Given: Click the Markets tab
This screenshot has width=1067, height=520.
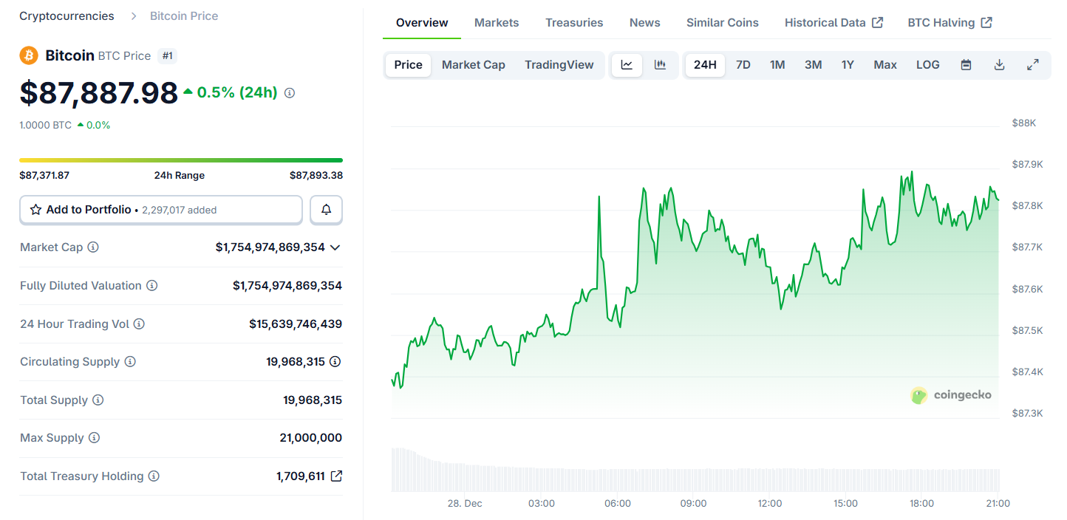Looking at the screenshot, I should (497, 23).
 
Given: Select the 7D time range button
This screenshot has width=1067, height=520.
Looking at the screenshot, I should (743, 65).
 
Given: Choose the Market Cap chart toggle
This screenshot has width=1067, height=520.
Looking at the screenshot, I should (473, 65).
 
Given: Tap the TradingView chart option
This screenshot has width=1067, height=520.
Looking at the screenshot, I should (559, 65).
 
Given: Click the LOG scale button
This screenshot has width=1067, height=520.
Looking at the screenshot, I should (927, 65).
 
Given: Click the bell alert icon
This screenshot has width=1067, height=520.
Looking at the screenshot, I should (326, 210).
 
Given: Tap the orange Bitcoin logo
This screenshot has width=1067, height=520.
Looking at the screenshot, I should (29, 55).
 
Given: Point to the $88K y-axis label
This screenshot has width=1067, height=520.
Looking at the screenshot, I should (1023, 123).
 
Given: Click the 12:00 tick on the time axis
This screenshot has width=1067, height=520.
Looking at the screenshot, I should (769, 504).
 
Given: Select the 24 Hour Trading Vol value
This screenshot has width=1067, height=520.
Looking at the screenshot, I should (295, 324).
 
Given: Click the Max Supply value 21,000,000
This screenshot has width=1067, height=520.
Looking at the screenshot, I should (310, 438).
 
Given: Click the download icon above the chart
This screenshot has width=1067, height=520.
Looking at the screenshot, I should (999, 65).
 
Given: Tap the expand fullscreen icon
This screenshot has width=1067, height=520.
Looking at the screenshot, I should (1033, 65).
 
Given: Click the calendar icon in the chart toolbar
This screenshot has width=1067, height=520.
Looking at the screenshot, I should (966, 65).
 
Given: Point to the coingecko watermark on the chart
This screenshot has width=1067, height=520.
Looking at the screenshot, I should (951, 395).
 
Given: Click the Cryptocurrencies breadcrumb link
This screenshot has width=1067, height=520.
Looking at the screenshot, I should (67, 16).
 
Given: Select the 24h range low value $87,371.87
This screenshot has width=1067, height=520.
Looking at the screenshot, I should (44, 176).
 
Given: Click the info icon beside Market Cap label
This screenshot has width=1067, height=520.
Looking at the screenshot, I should (93, 247).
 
